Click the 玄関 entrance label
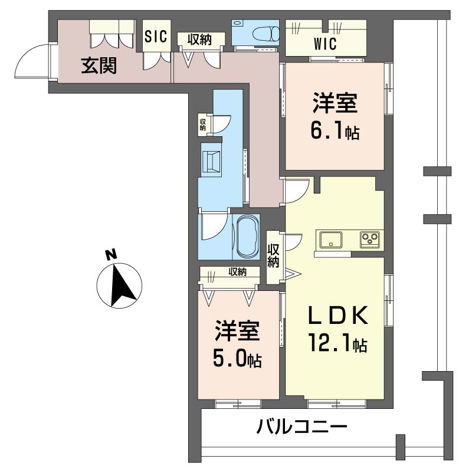pos(99,65)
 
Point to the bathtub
pos(246,236)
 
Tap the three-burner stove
pos(370,240)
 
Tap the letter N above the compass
pos(110,255)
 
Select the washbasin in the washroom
pos(211,160)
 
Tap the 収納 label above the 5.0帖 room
pos(237,272)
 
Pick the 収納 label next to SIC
pos(201,39)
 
